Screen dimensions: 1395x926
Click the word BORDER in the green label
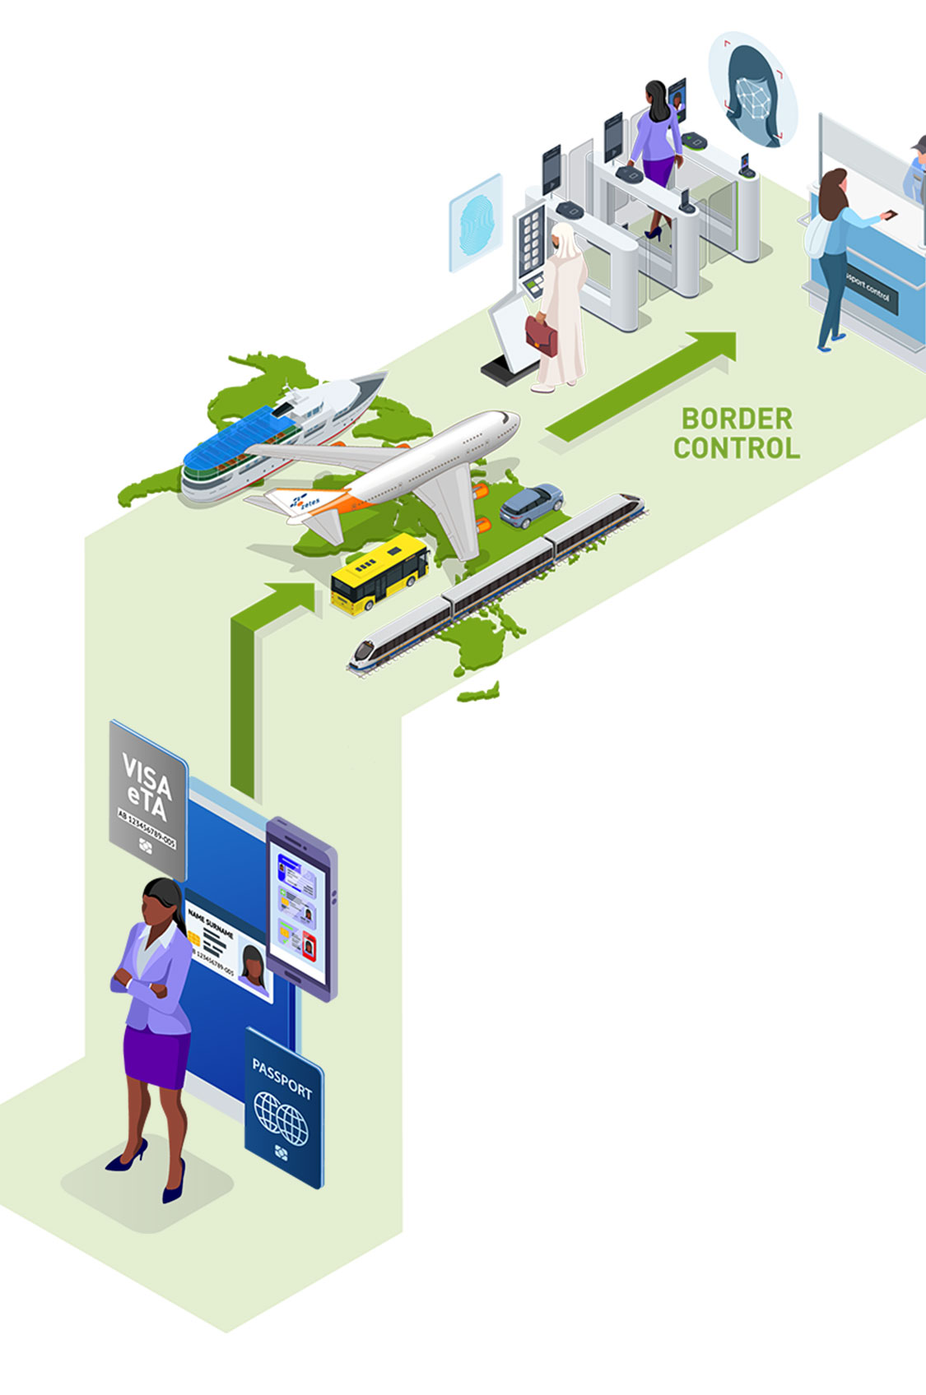coord(737,419)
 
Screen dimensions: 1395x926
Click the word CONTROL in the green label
coord(737,448)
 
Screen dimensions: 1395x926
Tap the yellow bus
coord(379,572)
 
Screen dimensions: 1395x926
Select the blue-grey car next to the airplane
coord(532,503)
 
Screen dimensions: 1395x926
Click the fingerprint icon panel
coord(475,222)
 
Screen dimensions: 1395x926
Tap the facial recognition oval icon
coord(752,91)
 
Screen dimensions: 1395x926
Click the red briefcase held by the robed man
coord(541,333)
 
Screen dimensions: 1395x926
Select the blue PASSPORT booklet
coord(284,1107)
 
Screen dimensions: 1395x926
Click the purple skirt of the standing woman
coord(156,1057)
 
